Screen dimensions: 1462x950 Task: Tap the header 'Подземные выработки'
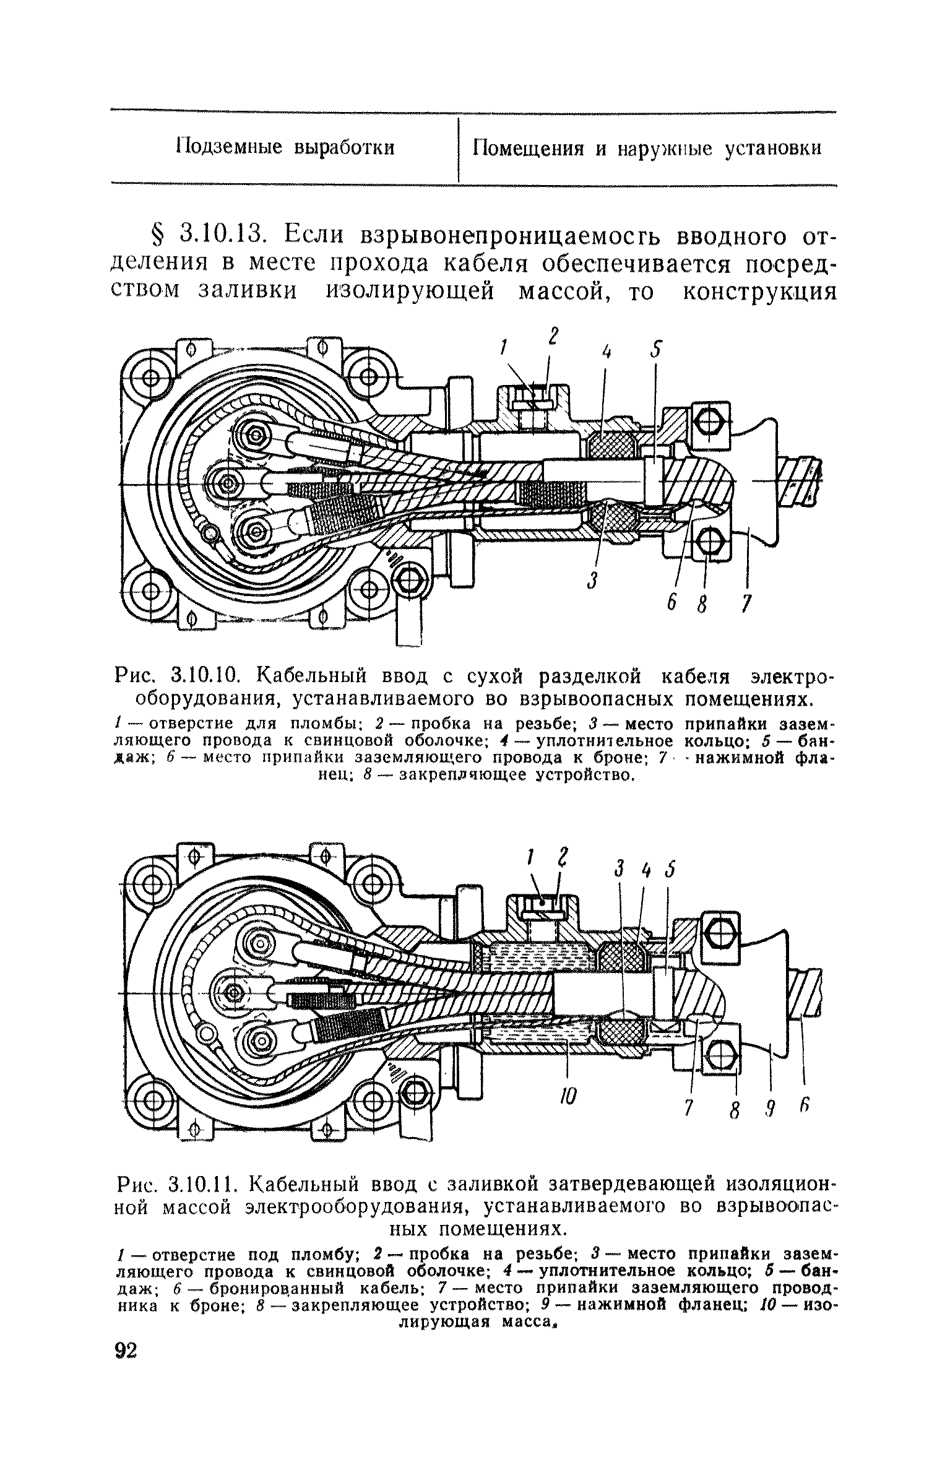click(x=285, y=149)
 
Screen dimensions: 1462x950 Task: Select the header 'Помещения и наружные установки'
click(x=647, y=149)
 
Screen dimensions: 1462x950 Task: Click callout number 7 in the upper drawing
click(x=748, y=602)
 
